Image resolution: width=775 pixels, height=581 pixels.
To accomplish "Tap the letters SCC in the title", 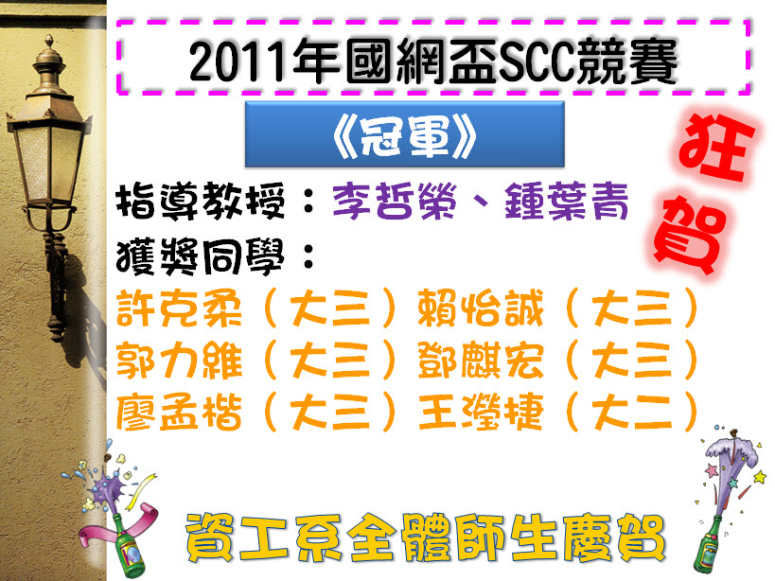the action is click(537, 62).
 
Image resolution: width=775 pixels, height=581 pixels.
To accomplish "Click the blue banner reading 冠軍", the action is click(405, 133).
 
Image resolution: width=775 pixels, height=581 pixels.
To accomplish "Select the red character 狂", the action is click(716, 147).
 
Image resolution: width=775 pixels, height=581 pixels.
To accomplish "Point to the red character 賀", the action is click(691, 236).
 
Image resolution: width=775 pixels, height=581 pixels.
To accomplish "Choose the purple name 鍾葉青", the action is click(567, 201).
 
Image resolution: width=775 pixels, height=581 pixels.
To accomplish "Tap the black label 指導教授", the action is click(201, 201).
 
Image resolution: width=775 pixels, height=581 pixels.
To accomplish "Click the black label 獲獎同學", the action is click(201, 256).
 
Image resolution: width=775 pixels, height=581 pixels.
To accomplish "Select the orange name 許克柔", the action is click(179, 308).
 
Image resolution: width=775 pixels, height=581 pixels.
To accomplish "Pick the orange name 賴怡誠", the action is click(481, 308).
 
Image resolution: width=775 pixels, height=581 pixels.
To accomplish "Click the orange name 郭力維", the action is click(179, 361).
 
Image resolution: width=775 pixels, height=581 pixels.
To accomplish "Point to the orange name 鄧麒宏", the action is click(481, 361).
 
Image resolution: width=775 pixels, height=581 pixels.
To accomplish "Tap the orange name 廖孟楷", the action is click(179, 412).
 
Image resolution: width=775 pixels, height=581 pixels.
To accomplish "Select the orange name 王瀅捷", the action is click(481, 412).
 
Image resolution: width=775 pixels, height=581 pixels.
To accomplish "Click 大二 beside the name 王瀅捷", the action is click(633, 412).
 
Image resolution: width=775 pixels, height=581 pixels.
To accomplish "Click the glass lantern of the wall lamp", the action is click(49, 158).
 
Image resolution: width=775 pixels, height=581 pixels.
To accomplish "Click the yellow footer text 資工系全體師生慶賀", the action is click(426, 538).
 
